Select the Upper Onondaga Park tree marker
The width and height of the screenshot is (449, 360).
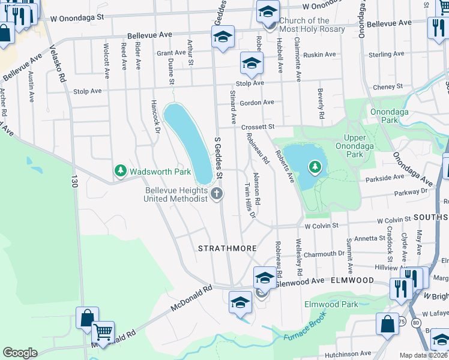314,167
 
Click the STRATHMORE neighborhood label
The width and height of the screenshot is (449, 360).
228,248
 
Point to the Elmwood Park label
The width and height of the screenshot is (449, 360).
331,304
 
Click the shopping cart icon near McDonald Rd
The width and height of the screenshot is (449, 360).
103,331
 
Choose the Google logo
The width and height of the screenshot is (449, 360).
20,353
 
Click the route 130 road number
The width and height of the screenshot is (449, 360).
74,179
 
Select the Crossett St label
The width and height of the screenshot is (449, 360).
258,127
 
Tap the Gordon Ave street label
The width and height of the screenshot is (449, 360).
256,102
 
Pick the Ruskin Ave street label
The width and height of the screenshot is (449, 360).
319,55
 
